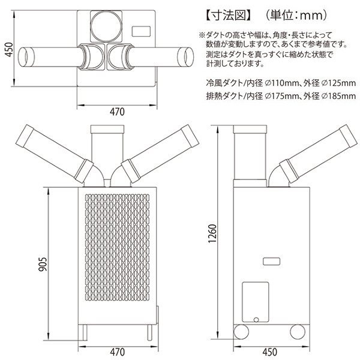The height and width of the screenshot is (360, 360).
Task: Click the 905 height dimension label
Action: point(43,264)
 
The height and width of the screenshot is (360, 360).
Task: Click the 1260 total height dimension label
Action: point(212,233)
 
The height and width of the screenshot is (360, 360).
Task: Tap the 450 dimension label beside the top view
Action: point(10,49)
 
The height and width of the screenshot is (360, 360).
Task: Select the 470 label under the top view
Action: point(117,112)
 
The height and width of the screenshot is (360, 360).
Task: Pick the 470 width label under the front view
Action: point(118,352)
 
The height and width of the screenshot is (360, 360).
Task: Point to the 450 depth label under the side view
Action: point(269,352)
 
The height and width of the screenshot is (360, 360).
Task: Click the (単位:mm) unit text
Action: point(296,16)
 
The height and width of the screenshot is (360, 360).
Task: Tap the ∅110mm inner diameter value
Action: point(281,83)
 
